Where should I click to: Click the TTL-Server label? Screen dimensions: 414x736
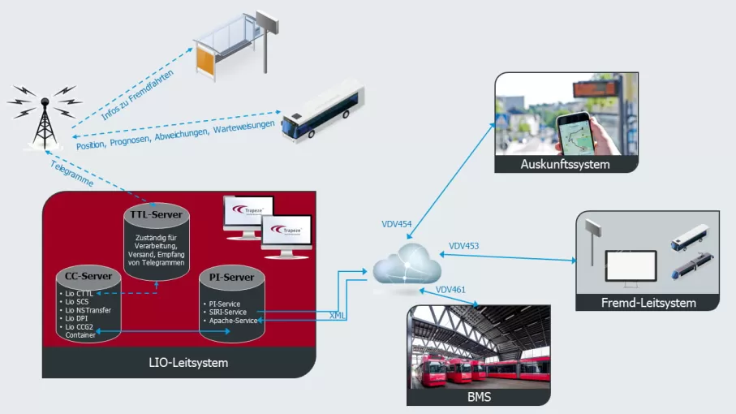(157, 214)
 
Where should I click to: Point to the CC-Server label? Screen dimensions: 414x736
(88, 278)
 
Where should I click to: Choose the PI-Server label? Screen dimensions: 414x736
(232, 278)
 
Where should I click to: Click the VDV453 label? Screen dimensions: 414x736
(463, 245)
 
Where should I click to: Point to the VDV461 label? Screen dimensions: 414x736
(450, 289)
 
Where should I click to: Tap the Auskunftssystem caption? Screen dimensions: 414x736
(565, 166)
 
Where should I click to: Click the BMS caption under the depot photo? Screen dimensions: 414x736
(478, 397)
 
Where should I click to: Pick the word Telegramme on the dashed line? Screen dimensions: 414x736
(71, 174)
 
